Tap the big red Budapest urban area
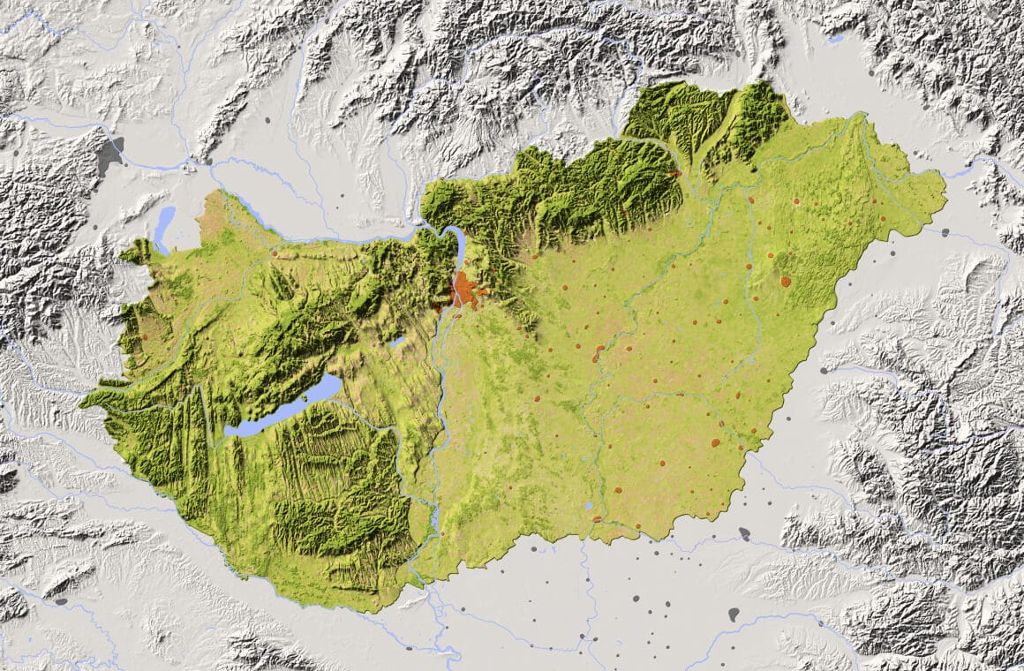tap(463, 290)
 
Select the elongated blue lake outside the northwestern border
tap(164, 229)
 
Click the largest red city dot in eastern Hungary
tap(786, 282)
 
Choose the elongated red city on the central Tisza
tap(599, 353)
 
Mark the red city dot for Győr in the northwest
tap(275, 253)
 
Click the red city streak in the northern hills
tap(675, 174)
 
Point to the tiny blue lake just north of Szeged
tap(589, 506)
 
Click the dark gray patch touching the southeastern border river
tap(744, 533)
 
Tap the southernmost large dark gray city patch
tap(734, 614)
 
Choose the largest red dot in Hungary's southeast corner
tap(715, 442)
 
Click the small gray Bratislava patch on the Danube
tap(189, 164)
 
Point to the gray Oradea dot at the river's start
tap(824, 371)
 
